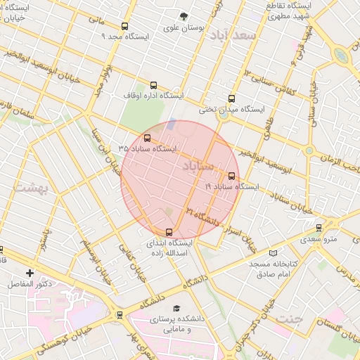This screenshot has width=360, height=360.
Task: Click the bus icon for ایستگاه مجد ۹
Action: click(124, 27)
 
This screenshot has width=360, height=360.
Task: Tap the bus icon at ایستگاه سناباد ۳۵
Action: click(147, 139)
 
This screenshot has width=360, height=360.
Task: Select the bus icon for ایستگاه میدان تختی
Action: click(231, 99)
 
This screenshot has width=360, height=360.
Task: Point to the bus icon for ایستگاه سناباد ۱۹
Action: click(232, 176)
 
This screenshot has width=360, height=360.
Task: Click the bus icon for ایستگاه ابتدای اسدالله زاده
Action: click(168, 232)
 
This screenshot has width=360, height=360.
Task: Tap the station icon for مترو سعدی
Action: click(319, 228)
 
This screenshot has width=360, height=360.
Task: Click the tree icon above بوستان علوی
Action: click(184, 16)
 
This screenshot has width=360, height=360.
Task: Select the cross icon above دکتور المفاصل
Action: click(29, 273)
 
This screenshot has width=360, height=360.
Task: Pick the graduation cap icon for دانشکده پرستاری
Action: click(176, 309)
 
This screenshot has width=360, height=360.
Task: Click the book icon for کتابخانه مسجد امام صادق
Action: click(274, 252)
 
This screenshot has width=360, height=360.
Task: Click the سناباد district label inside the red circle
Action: click(197, 166)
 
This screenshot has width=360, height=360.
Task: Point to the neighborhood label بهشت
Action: click(29, 188)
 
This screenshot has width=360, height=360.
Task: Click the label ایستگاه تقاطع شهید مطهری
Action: click(285, 11)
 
